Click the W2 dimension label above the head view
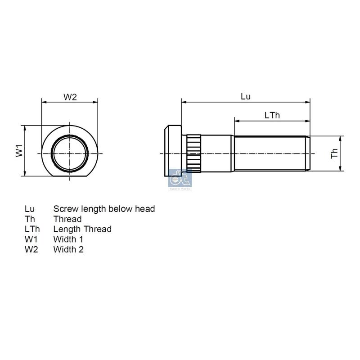(70, 97)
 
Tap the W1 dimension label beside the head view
(19, 151)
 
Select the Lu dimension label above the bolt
(246, 97)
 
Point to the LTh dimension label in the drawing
(272, 115)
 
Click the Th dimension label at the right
(334, 153)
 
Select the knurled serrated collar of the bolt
(194, 153)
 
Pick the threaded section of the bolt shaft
(270, 153)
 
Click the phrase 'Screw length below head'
(104, 209)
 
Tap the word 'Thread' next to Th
(67, 219)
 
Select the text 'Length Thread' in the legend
(82, 229)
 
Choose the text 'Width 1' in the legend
(68, 239)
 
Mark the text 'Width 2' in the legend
(68, 249)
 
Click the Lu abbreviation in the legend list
(30, 209)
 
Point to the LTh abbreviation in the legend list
(32, 229)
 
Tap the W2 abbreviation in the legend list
(31, 249)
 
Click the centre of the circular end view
(70, 153)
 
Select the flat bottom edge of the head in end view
(70, 177)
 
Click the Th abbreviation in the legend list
(30, 219)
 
